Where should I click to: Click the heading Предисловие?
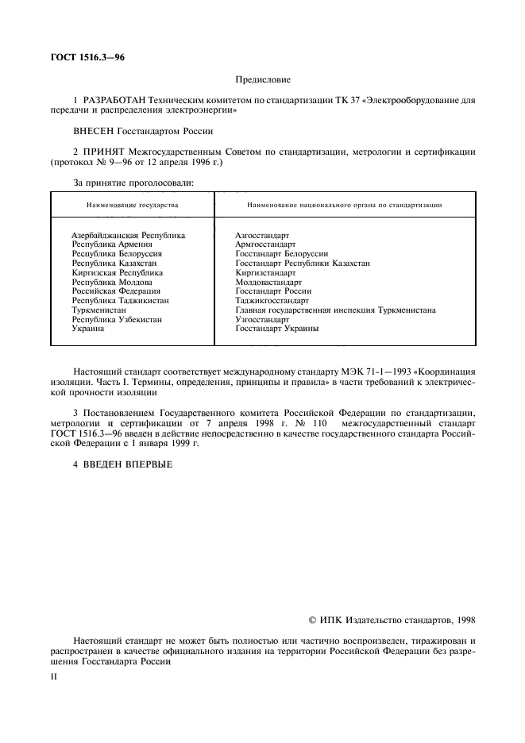262,79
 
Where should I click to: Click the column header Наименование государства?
133,205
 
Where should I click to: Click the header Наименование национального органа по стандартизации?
345,205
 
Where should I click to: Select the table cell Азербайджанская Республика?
128,236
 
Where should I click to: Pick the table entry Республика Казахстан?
114,264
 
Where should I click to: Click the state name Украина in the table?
88,329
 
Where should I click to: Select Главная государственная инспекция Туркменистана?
335,310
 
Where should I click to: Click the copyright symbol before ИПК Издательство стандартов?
312,619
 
